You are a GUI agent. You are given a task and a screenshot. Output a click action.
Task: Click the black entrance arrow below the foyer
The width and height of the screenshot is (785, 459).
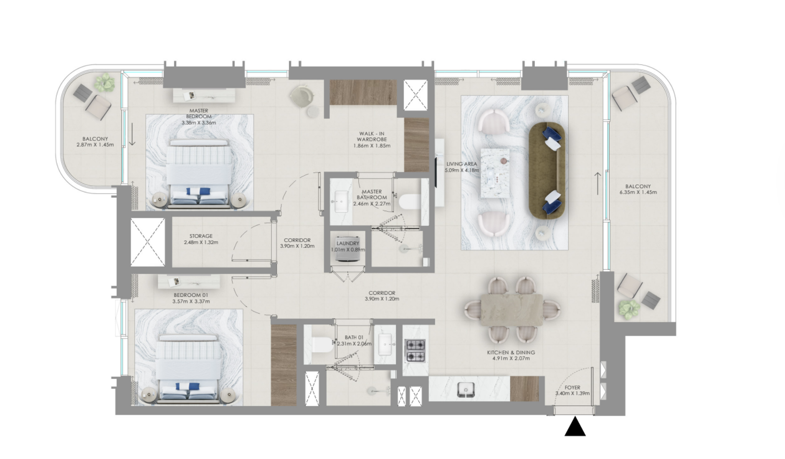coord(575,427)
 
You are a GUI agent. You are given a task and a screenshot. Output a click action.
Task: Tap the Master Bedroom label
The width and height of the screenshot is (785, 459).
coord(199,114)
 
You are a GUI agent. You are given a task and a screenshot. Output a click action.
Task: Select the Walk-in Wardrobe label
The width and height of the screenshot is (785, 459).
coord(372,137)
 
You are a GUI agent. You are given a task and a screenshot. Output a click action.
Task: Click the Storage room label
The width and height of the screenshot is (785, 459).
coord(201,236)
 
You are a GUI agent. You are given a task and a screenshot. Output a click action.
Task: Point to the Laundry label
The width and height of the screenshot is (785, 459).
coord(348,243)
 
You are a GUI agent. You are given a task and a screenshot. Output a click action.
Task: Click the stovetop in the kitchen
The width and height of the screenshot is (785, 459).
coord(415,351)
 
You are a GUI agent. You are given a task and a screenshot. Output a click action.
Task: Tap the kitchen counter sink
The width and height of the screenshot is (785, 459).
coord(464,390)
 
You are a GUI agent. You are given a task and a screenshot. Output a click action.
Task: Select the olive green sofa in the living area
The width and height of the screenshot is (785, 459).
coord(547,170)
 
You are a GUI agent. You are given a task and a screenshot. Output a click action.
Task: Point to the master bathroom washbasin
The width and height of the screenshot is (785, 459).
coord(342,201)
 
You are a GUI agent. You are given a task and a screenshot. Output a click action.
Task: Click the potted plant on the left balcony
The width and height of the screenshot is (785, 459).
coord(104,83)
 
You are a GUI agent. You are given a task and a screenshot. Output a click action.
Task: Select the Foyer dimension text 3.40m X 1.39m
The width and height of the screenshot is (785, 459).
coord(572,393)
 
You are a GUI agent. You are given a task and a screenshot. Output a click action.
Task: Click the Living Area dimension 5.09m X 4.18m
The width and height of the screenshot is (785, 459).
coord(462,170)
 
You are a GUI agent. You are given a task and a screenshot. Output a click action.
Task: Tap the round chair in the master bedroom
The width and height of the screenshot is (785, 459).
coord(301,97)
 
